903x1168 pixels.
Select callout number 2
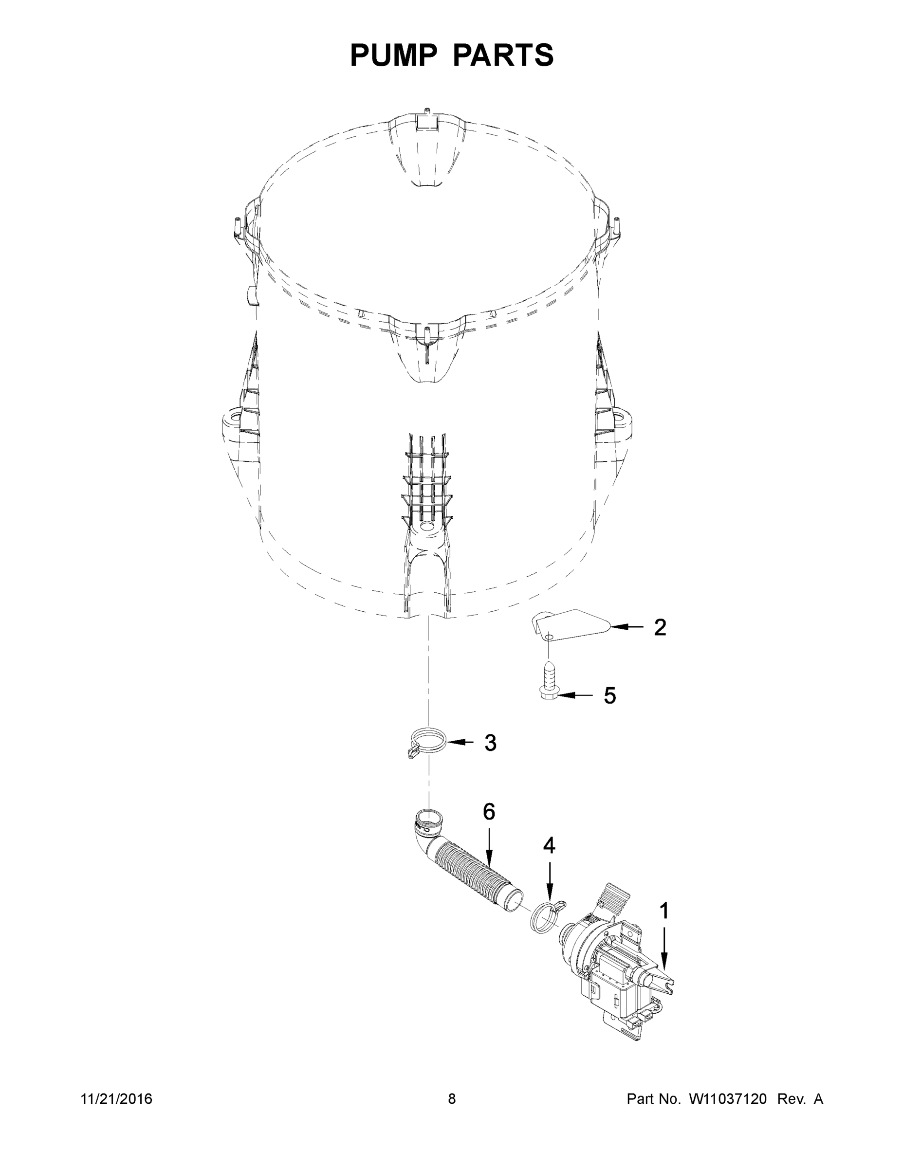coord(660,627)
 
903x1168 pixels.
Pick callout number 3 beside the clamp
coord(490,742)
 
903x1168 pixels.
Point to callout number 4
coord(549,845)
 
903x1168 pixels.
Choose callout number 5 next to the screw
coord(610,695)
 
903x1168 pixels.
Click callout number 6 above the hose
coord(489,812)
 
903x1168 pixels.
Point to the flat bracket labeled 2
coord(570,624)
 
